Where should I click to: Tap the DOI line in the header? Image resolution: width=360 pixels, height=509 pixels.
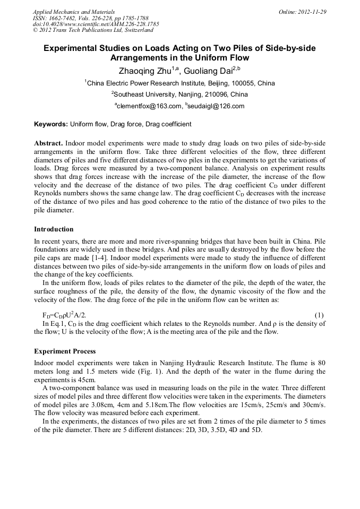tap(96, 24)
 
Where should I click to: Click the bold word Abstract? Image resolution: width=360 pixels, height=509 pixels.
tap(48, 144)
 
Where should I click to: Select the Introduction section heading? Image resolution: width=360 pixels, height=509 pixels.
tap(54, 229)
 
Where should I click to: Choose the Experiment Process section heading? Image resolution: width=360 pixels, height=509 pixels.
tap(65, 351)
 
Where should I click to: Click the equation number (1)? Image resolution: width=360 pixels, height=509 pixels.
tap(320, 315)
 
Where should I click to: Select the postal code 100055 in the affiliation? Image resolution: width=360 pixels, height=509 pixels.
tap(239, 83)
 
